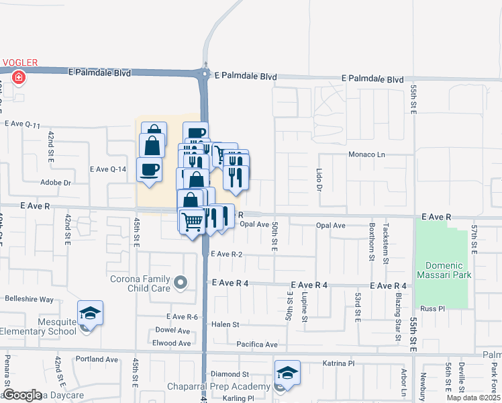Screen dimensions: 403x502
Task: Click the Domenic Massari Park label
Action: tap(442, 268)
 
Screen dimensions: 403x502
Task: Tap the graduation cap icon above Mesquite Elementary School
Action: tap(90, 313)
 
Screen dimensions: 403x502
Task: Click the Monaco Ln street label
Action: tap(366, 154)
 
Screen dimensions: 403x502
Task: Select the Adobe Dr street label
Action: tap(56, 182)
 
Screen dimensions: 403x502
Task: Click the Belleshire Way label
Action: tap(29, 300)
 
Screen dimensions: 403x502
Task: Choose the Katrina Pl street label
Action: tap(338, 363)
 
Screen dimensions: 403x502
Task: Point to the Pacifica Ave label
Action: tap(256, 345)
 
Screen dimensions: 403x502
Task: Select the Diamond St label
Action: tap(230, 374)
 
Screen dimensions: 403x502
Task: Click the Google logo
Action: tap(22, 395)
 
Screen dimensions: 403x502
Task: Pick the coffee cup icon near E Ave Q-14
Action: tap(149, 169)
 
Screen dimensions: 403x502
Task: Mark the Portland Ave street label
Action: tap(97, 359)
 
